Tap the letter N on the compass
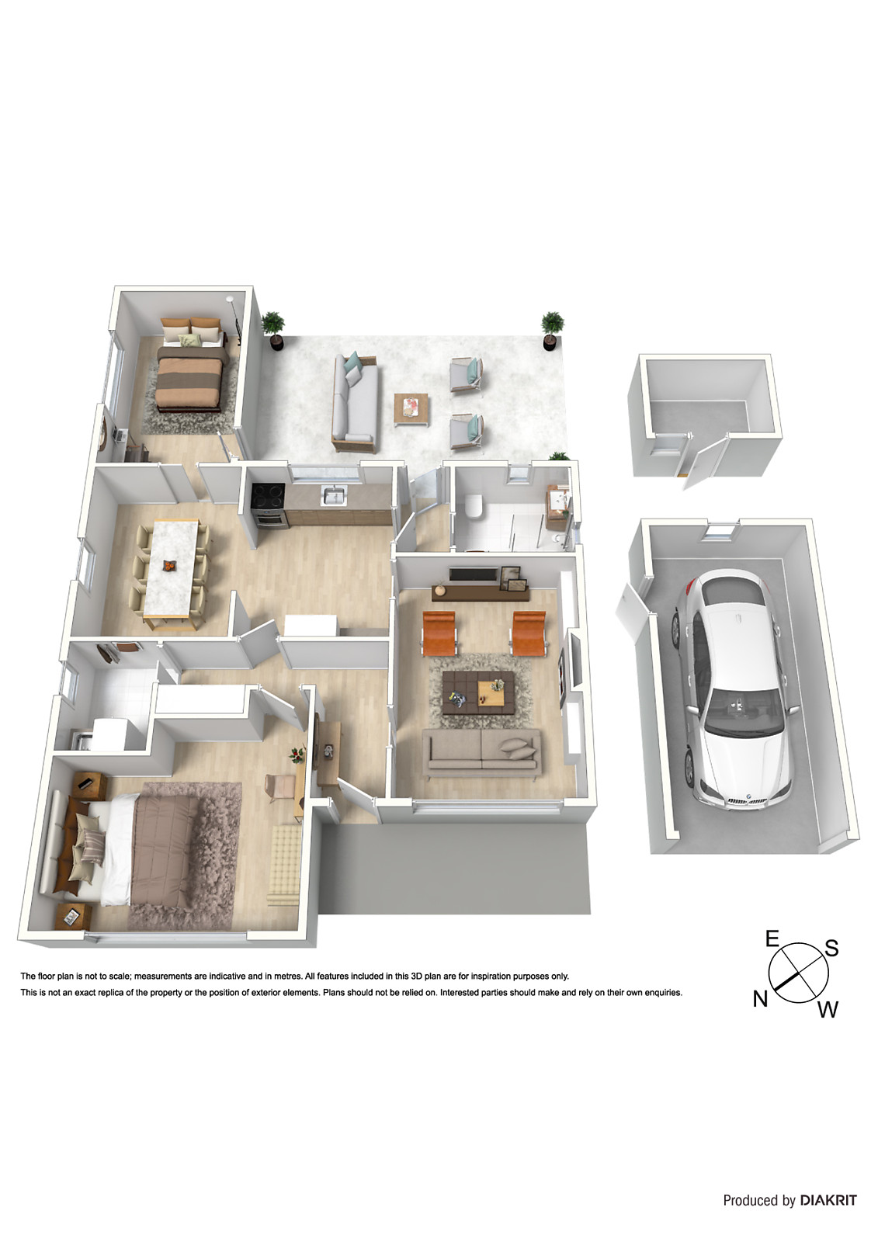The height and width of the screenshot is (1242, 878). click(x=760, y=999)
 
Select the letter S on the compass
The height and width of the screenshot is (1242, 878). click(x=831, y=948)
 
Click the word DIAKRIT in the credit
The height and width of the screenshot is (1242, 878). click(x=828, y=1200)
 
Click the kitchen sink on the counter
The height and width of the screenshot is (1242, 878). click(x=335, y=495)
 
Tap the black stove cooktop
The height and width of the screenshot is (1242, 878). click(x=268, y=493)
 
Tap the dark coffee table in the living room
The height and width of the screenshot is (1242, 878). click(x=478, y=692)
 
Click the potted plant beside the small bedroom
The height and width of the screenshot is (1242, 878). click(x=272, y=329)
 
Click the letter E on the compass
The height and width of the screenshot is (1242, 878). click(x=772, y=939)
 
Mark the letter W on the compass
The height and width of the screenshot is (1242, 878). click(x=828, y=1009)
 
